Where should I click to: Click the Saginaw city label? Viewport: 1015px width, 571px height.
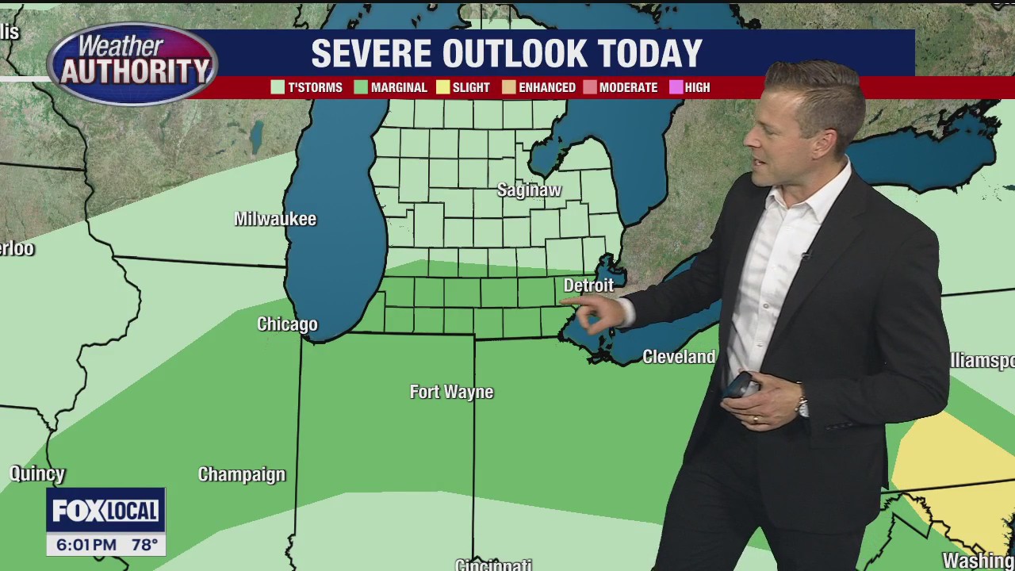pyautogui.click(x=529, y=190)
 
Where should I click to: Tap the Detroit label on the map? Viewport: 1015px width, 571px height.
pyautogui.click(x=588, y=285)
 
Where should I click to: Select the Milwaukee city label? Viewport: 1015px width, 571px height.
pyautogui.click(x=275, y=219)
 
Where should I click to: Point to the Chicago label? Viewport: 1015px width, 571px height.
pyautogui.click(x=287, y=324)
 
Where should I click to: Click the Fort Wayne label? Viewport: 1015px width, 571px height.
pyautogui.click(x=451, y=392)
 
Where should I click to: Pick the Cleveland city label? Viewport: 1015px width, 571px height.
pyautogui.click(x=679, y=357)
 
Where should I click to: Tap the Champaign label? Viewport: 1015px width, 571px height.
pyautogui.click(x=241, y=474)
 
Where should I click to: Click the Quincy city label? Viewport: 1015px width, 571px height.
pyautogui.click(x=37, y=474)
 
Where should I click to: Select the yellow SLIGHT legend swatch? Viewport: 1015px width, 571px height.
pyautogui.click(x=442, y=87)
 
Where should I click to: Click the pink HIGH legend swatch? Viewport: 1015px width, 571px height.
pyautogui.click(x=676, y=87)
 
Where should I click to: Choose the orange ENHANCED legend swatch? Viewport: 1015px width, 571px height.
pyautogui.click(x=508, y=87)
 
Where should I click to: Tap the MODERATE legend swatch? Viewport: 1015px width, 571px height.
pyautogui.click(x=589, y=87)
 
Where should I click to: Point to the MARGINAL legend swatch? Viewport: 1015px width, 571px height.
pyautogui.click(x=361, y=87)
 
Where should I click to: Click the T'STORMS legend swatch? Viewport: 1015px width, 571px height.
pyautogui.click(x=278, y=87)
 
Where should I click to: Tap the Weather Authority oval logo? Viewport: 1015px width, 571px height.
pyautogui.click(x=132, y=63)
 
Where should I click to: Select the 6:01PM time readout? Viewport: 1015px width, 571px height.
pyautogui.click(x=86, y=545)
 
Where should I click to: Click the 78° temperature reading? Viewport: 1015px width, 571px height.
pyautogui.click(x=144, y=545)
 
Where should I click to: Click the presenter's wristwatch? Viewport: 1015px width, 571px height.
pyautogui.click(x=802, y=407)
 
